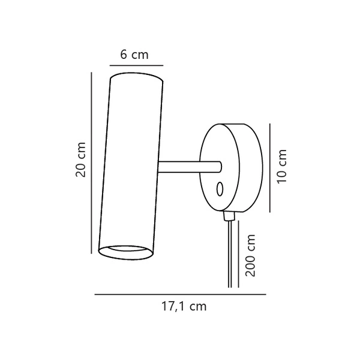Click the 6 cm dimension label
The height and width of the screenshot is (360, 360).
(134, 55)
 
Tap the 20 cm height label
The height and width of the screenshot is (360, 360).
(80, 160)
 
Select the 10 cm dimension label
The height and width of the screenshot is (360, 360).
(282, 166)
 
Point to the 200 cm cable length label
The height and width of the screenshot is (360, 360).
(250, 256)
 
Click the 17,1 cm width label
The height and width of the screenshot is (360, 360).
(184, 306)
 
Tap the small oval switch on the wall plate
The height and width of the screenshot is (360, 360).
(220, 189)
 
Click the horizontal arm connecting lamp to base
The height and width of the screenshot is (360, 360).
(190, 167)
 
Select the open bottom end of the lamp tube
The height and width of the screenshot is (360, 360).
(126, 253)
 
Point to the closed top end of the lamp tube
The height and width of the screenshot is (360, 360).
(137, 77)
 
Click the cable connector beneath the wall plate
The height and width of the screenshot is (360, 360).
(229, 216)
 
